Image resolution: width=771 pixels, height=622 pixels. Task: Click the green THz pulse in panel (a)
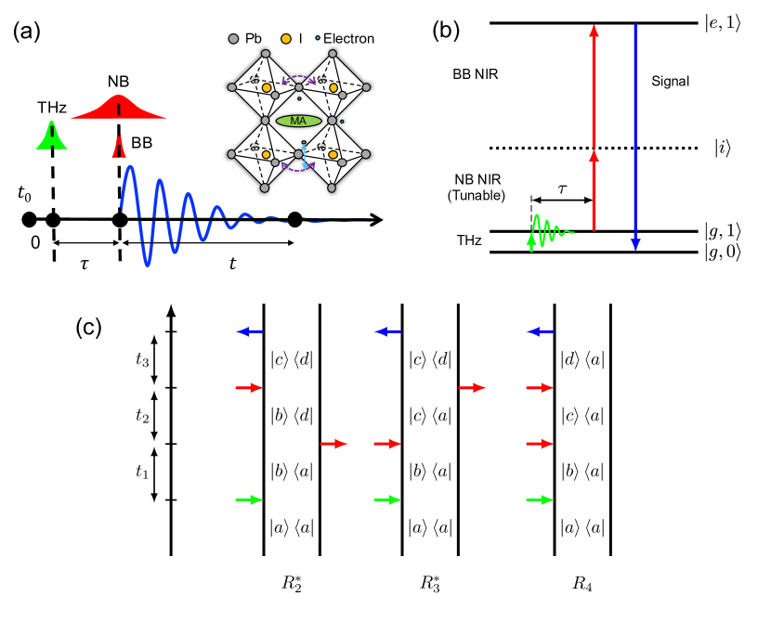pos(52,136)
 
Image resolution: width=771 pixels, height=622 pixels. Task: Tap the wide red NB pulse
pos(119,108)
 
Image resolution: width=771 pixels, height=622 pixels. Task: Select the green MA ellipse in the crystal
pos(298,122)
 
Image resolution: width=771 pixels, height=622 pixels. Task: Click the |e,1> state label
pos(725,23)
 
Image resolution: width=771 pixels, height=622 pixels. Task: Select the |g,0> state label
pos(725,253)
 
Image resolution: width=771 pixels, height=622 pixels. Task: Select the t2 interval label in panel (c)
pos(141,415)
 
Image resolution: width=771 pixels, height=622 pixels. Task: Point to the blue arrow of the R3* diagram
pos(387,331)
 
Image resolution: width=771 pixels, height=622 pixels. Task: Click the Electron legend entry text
pos(349,39)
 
